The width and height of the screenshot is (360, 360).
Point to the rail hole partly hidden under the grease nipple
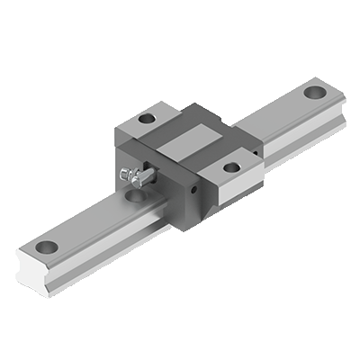click(136, 192)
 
